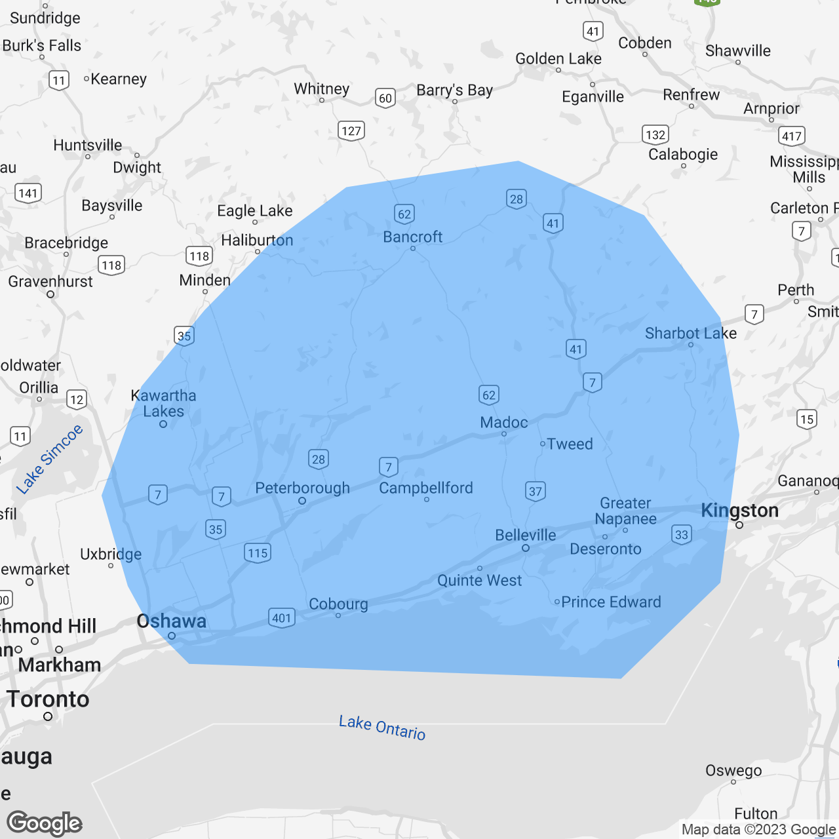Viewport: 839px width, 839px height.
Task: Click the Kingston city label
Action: (739, 511)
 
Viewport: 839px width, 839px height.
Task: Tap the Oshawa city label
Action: (171, 621)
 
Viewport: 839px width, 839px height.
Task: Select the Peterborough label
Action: (302, 488)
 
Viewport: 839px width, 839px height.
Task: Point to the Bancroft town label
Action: (412, 237)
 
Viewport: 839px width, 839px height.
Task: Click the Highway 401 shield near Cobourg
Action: (281, 617)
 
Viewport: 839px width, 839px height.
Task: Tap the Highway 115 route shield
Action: (258, 553)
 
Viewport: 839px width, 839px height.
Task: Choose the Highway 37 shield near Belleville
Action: (536, 491)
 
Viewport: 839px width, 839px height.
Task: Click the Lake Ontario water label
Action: (382, 728)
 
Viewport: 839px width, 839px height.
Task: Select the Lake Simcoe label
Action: (50, 459)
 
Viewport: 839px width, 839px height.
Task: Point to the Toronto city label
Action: (48, 699)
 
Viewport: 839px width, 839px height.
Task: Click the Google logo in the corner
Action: (45, 823)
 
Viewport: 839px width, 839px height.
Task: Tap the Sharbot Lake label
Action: (690, 334)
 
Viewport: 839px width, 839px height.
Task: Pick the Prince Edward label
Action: (611, 602)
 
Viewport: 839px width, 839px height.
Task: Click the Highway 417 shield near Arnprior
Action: (792, 136)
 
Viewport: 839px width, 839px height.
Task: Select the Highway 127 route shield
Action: (351, 130)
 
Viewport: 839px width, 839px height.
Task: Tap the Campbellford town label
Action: (425, 488)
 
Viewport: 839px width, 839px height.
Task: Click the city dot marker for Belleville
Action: (526, 548)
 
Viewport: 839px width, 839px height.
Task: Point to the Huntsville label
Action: (88, 145)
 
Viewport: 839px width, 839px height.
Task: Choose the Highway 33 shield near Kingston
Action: (682, 534)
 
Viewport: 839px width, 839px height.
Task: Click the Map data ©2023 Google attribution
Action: (758, 829)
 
